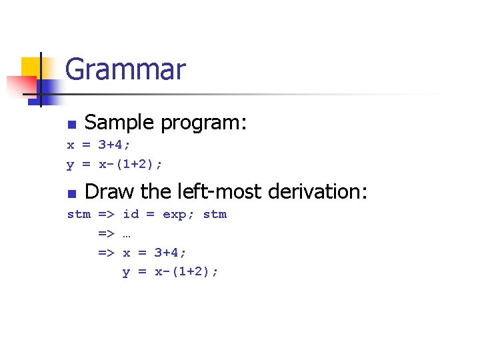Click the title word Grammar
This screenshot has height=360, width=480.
[125, 69]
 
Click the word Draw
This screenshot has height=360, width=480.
[110, 191]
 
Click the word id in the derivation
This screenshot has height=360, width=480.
[131, 214]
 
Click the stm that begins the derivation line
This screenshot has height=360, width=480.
[79, 214]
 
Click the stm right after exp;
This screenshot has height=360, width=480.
[215, 214]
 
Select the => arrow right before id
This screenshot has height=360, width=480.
[107, 214]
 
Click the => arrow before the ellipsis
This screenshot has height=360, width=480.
[107, 233]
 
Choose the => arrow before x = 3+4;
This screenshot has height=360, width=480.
[107, 253]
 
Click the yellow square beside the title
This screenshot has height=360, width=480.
[31, 67]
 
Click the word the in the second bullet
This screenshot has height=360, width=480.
[156, 191]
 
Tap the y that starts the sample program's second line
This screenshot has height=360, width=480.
[70, 164]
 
